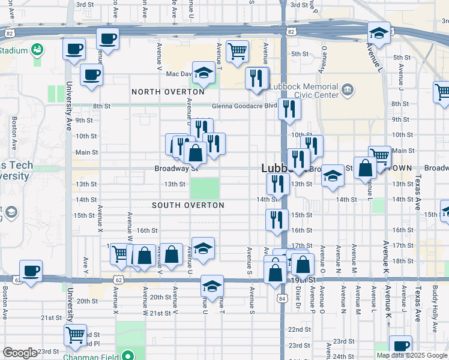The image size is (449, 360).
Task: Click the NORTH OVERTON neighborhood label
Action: click(x=168, y=91)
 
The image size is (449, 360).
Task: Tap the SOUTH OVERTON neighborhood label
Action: click(x=188, y=205)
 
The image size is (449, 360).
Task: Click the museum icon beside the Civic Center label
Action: click(x=347, y=91)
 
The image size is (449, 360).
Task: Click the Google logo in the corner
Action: click(x=20, y=353)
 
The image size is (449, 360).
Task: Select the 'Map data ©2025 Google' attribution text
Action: click(x=412, y=355)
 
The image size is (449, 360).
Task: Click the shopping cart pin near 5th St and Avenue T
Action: click(x=237, y=51)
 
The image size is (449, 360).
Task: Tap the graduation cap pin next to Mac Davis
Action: click(x=203, y=73)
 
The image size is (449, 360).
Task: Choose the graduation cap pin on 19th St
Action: click(x=212, y=286)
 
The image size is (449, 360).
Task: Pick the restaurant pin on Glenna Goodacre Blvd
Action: click(x=290, y=109)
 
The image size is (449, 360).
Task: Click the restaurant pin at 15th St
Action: click(x=276, y=220)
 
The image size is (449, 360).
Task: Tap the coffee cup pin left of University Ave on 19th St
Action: click(x=31, y=271)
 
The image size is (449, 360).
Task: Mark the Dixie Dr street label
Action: click(x=298, y=299)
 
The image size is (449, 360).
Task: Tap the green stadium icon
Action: click(x=37, y=48)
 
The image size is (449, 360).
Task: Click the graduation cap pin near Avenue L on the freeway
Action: click(x=379, y=33)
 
